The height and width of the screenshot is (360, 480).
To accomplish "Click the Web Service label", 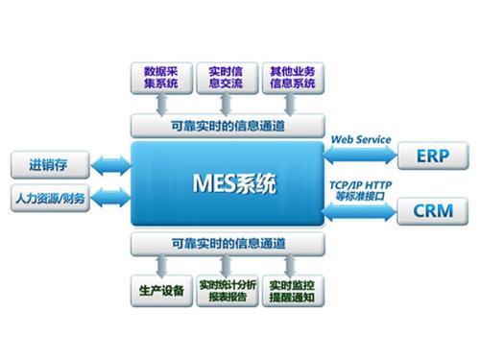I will pyautogui.click(x=361, y=140).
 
